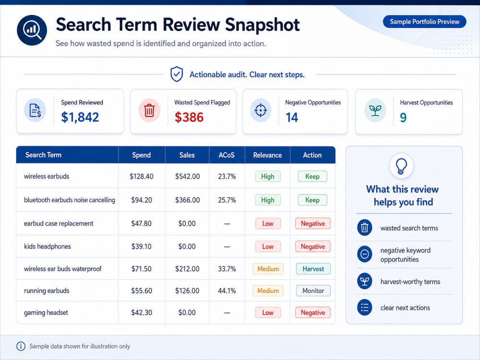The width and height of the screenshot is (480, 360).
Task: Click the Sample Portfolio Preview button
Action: click(424, 22)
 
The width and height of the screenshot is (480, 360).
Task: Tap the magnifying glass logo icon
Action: click(32, 30)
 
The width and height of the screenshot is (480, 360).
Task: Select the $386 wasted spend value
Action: click(189, 117)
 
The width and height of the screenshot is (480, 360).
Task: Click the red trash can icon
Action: click(149, 110)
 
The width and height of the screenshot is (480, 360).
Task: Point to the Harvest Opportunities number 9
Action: click(403, 118)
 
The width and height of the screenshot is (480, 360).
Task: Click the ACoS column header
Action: click(227, 155)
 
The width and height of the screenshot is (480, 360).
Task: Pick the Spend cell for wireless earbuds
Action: click(142, 176)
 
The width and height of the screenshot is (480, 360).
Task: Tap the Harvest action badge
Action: click(313, 269)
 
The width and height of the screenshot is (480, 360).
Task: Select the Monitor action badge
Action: click(313, 290)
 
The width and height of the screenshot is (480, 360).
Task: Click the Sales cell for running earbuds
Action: click(187, 290)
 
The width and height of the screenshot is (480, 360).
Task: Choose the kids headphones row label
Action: click(48, 246)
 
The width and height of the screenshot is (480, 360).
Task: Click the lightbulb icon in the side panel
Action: click(401, 166)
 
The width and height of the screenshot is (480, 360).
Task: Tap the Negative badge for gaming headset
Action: click(313, 312)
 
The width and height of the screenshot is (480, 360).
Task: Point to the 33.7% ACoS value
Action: click(227, 269)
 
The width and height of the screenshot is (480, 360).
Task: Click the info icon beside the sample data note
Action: click(21, 346)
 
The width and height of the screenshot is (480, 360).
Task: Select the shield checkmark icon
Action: click(177, 74)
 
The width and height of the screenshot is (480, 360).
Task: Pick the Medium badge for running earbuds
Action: click(268, 290)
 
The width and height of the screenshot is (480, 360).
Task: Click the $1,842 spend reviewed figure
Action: click(80, 117)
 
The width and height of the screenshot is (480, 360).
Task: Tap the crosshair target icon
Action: click(261, 110)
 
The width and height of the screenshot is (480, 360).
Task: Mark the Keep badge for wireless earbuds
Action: click(312, 176)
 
